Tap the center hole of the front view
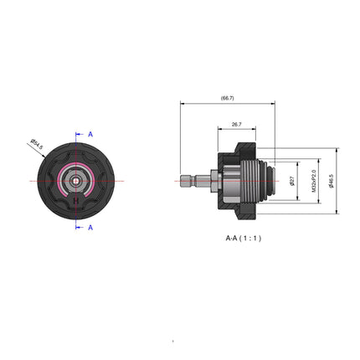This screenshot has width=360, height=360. [76, 180]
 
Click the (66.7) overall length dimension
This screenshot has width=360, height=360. [227, 99]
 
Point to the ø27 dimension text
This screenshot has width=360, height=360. [291, 180]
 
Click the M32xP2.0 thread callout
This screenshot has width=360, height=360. [314, 180]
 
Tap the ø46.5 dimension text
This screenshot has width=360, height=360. [332, 180]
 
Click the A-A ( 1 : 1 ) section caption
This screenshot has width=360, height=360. [243, 238]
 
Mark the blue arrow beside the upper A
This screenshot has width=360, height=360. [80, 134]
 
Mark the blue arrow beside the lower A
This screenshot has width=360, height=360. [80, 227]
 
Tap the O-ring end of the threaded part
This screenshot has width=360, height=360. [271, 180]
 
